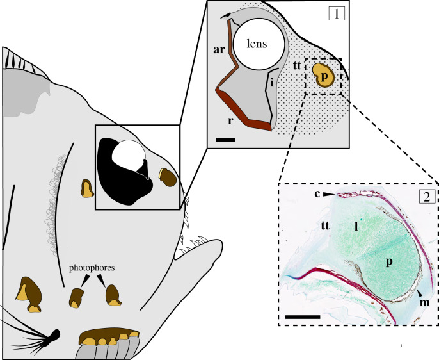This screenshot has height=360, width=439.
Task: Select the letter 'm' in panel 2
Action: click(423, 302)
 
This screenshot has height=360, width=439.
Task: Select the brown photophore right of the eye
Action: click(168, 177)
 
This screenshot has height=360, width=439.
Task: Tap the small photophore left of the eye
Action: click(86, 188)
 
